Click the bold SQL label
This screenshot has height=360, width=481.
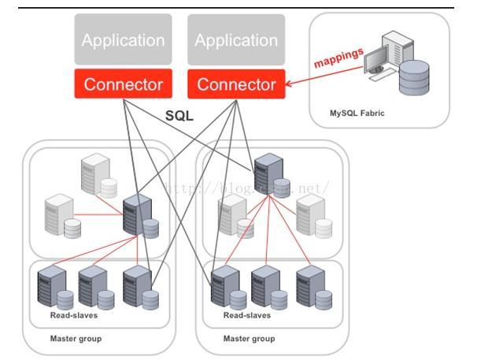pyautogui.click(x=179, y=116)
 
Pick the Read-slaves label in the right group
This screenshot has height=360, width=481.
pyautogui.click(x=247, y=315)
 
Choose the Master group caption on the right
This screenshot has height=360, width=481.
pyautogui.click(x=249, y=339)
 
